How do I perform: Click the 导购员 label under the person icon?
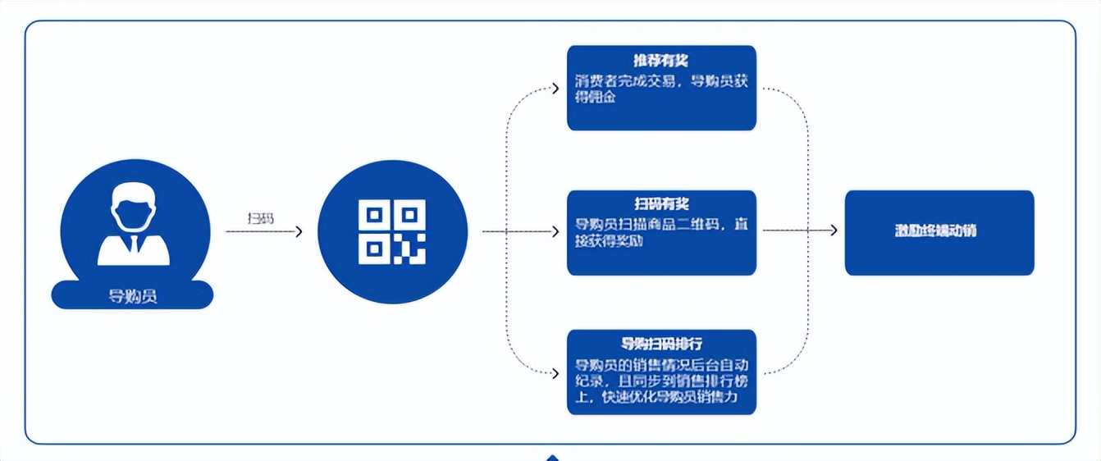tap(132, 296)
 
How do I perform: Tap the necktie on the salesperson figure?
tap(133, 244)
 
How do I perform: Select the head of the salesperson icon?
tap(133, 210)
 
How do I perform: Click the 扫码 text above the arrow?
tap(260, 219)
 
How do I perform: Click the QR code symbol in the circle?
tap(392, 231)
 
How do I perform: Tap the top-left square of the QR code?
tap(374, 215)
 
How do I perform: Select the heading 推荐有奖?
tap(660, 62)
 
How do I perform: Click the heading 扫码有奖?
tap(660, 204)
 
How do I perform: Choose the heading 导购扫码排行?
tap(660, 344)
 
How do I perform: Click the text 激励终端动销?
tap(940, 231)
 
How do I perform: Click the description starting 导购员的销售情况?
tap(661, 381)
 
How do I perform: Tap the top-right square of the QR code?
tap(410, 215)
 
